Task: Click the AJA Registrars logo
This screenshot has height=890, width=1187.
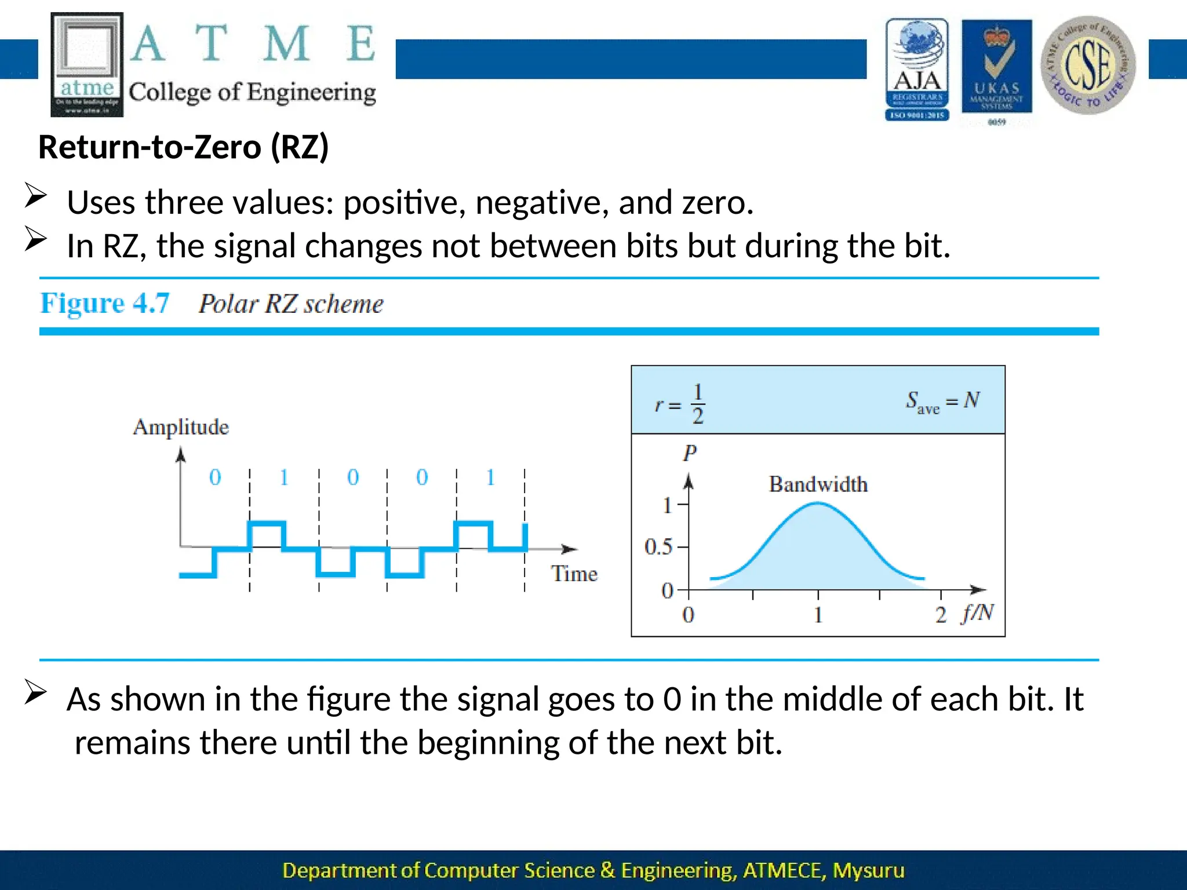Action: (x=917, y=70)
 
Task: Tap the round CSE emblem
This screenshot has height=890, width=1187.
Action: (x=1088, y=65)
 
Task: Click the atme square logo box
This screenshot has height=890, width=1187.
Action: (x=87, y=64)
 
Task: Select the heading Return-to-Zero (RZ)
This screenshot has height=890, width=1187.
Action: (x=183, y=147)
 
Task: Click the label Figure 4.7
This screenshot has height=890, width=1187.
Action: (x=105, y=303)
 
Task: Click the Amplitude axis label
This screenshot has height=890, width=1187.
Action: (x=181, y=427)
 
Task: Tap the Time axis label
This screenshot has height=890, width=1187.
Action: (x=574, y=574)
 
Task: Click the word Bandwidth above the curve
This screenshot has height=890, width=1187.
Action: (x=818, y=484)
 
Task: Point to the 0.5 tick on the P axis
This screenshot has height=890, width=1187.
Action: (x=659, y=546)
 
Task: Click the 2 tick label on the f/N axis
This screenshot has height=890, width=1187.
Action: (x=941, y=615)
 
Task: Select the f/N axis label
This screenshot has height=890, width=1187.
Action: (x=977, y=612)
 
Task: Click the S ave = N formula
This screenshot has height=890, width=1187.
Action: (x=942, y=401)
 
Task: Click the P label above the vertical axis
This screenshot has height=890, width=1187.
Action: (x=689, y=453)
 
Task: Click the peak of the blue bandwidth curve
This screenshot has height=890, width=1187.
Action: (x=818, y=504)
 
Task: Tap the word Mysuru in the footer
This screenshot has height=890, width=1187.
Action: (x=868, y=870)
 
